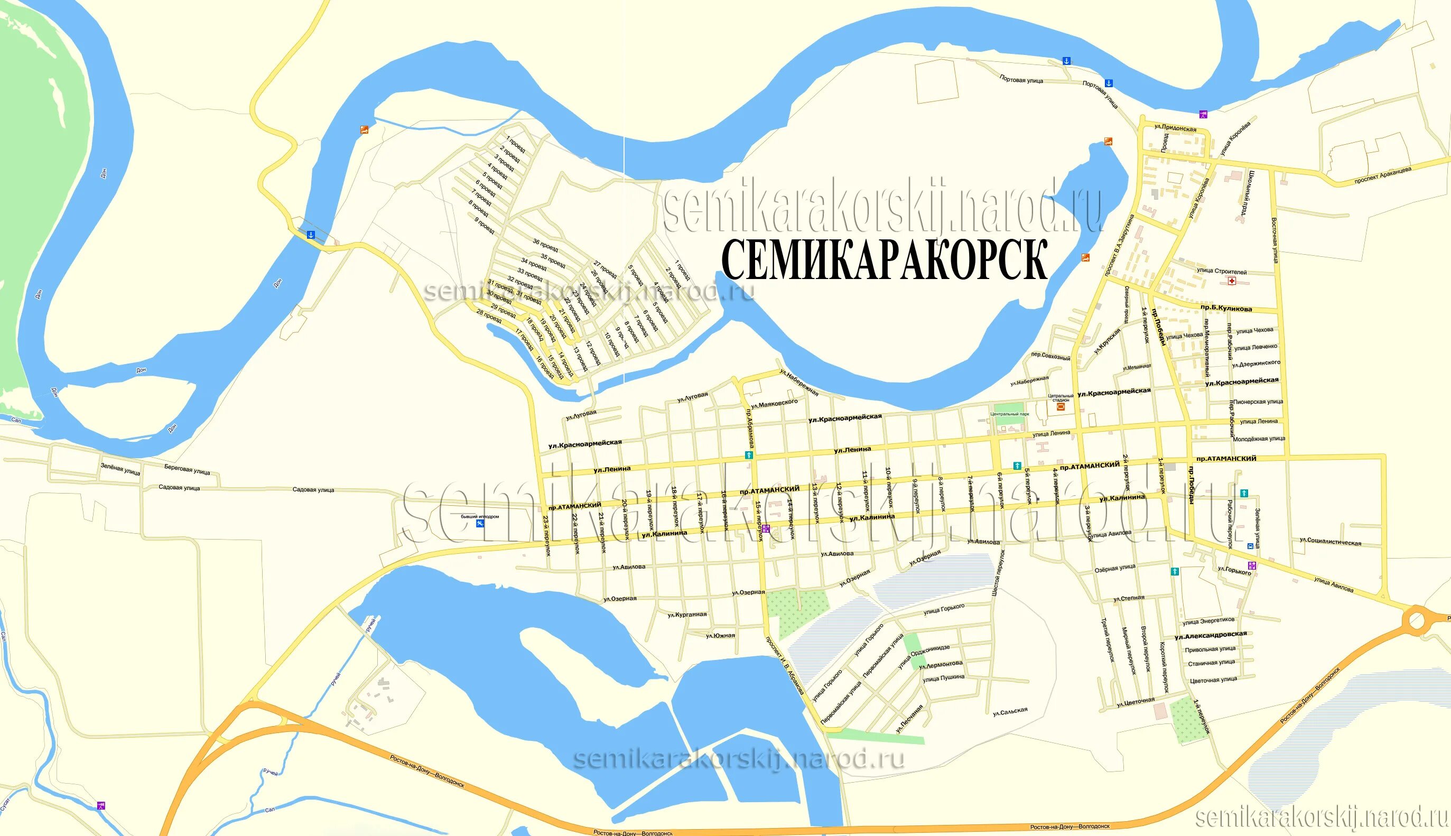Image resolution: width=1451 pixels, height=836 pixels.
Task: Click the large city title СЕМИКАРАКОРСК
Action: [885, 260]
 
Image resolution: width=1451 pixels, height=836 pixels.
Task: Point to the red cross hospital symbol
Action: [1231, 281]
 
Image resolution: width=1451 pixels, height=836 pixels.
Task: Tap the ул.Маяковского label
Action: [774, 404]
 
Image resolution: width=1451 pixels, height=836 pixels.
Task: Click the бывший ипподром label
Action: [480, 517]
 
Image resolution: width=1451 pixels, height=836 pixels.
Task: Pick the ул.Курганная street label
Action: [687, 615]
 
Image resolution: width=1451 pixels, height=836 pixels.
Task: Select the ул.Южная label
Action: [720, 636]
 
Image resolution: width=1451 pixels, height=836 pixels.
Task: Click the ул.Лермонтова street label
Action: [941, 664]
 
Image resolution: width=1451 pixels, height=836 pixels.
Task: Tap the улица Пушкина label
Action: [944, 678]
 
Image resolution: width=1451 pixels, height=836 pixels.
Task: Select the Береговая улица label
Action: [187, 470]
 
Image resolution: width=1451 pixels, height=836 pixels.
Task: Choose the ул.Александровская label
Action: [1211, 635]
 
